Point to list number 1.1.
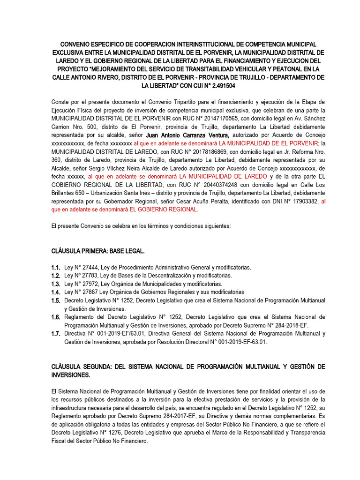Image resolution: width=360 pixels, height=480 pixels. pos(56,267)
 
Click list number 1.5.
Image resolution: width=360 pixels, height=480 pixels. pos(56,300)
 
